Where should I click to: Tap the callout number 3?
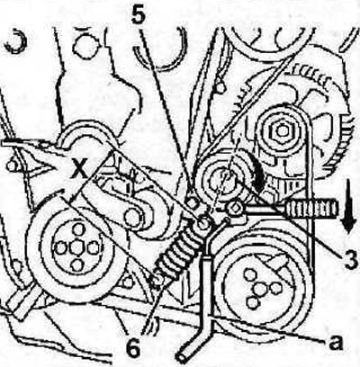click(350, 260)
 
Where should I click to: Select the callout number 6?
click(133, 348)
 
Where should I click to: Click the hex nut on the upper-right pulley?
click(281, 130)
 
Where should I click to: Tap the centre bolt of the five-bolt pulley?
click(75, 248)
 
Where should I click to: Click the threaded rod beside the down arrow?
click(312, 209)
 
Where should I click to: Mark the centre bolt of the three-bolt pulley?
click(259, 289)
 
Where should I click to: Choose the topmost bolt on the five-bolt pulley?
click(77, 231)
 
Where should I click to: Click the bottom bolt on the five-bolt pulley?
click(77, 265)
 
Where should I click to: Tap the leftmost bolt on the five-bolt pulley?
click(59, 247)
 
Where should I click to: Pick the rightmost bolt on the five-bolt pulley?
click(94, 248)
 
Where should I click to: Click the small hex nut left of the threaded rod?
click(235, 208)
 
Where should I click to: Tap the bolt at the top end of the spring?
click(203, 223)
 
